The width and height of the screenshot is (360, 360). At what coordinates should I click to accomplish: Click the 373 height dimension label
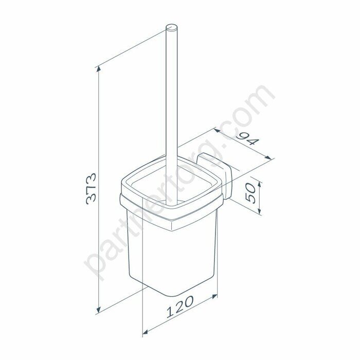(91, 189)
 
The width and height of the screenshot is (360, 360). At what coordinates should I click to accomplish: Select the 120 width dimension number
(180, 307)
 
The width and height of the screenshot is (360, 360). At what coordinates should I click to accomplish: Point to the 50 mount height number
(250, 193)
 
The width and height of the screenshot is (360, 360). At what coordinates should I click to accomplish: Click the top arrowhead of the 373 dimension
(99, 68)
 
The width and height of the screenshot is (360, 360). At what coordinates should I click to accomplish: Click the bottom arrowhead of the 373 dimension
(99, 310)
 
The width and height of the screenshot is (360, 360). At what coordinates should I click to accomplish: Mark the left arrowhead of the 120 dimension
(146, 332)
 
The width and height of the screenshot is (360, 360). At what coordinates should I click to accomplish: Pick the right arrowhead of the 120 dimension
(214, 296)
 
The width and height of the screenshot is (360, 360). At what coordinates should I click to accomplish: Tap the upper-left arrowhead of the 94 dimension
(217, 130)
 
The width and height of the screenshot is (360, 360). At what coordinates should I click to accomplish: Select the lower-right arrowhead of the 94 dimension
(268, 157)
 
